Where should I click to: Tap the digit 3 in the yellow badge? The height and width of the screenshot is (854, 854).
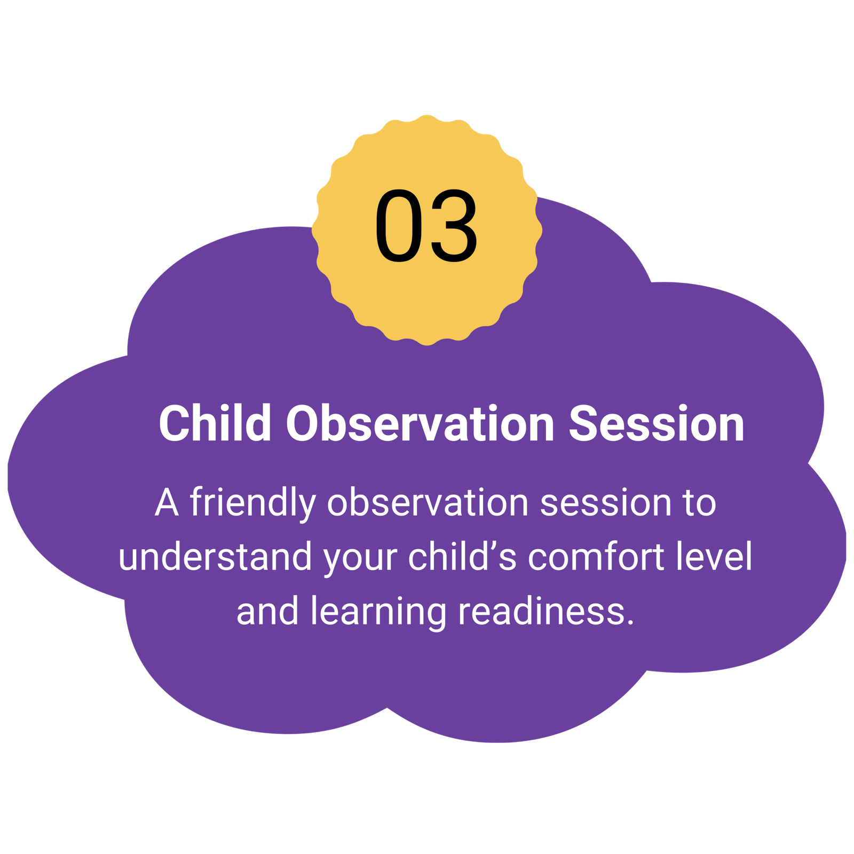(454, 226)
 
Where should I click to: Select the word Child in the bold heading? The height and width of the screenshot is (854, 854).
(215, 423)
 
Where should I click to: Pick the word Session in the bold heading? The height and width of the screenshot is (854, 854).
(657, 423)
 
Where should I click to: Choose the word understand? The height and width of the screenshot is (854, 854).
(215, 556)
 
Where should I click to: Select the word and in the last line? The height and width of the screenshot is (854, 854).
(267, 611)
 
